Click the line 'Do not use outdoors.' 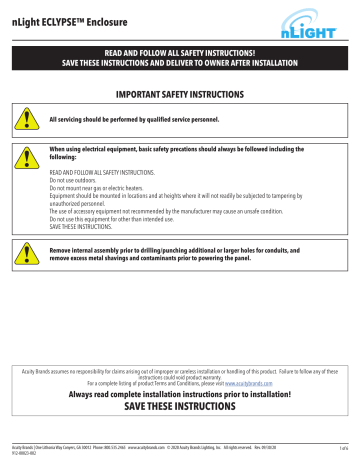(x=72, y=179)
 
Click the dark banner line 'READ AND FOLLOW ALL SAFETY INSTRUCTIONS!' (x=179, y=50)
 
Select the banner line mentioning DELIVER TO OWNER (x=179, y=62)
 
